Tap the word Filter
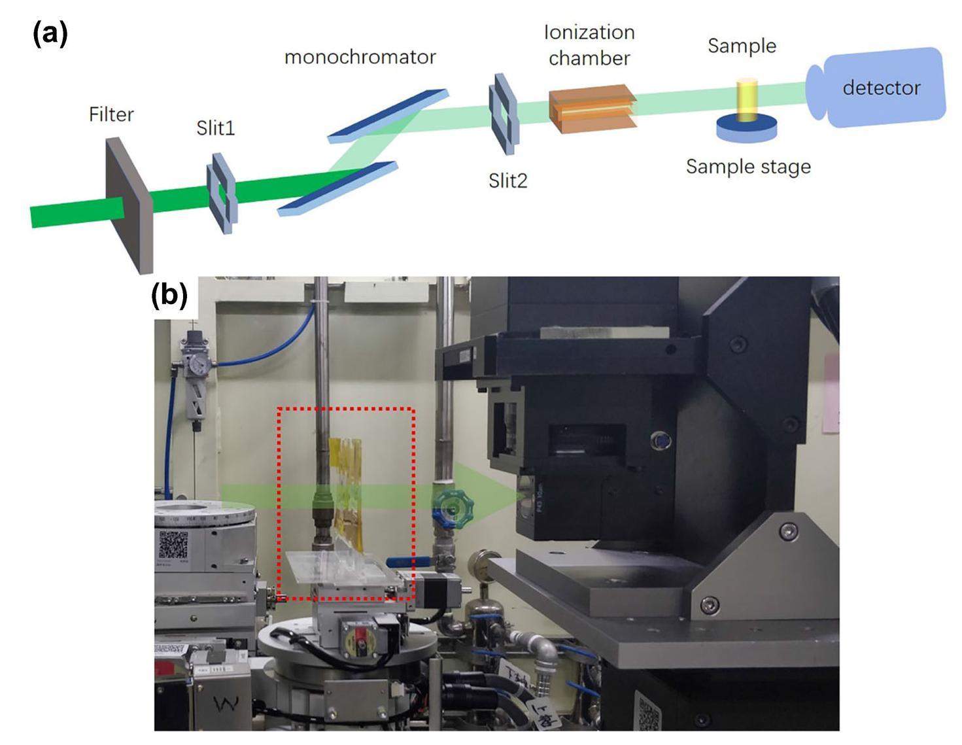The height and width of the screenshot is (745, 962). coord(111,114)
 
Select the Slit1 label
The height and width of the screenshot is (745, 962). coord(215,128)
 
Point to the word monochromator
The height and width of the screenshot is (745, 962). coord(360,58)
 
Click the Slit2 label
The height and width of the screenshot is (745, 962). coord(507,180)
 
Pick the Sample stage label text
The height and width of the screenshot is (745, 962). coord(748,167)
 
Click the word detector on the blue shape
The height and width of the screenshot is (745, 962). coord(881,88)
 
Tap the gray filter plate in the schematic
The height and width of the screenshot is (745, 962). coord(129,203)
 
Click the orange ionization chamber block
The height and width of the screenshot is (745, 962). coord(591,109)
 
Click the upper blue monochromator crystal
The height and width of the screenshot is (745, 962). coord(388,115)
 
